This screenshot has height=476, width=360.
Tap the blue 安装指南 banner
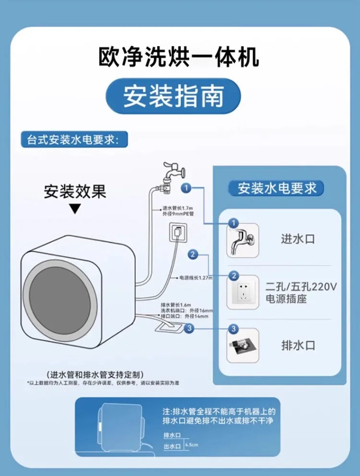pos(173,96)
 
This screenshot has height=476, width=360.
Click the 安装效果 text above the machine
pos(75,192)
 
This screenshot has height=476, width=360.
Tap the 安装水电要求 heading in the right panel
pos(277,188)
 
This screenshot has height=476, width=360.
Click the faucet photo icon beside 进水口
pos(242,240)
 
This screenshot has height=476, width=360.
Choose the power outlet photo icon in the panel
pos(242,293)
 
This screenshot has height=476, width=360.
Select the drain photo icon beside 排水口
pos(242,345)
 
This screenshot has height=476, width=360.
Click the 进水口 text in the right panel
pos(298,239)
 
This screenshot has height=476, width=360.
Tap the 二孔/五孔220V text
pos(301,287)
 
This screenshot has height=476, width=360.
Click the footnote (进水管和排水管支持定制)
pos(96,374)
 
